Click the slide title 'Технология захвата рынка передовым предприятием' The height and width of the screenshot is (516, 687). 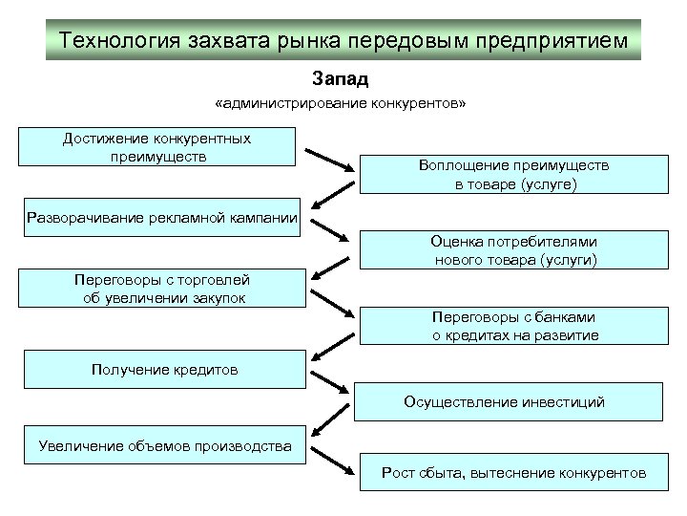pyautogui.click(x=343, y=41)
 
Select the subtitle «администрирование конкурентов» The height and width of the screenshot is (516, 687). pyautogui.click(x=341, y=103)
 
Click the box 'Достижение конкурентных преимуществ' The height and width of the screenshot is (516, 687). pyautogui.click(x=157, y=147)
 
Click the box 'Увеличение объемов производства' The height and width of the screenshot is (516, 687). pyautogui.click(x=164, y=445)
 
